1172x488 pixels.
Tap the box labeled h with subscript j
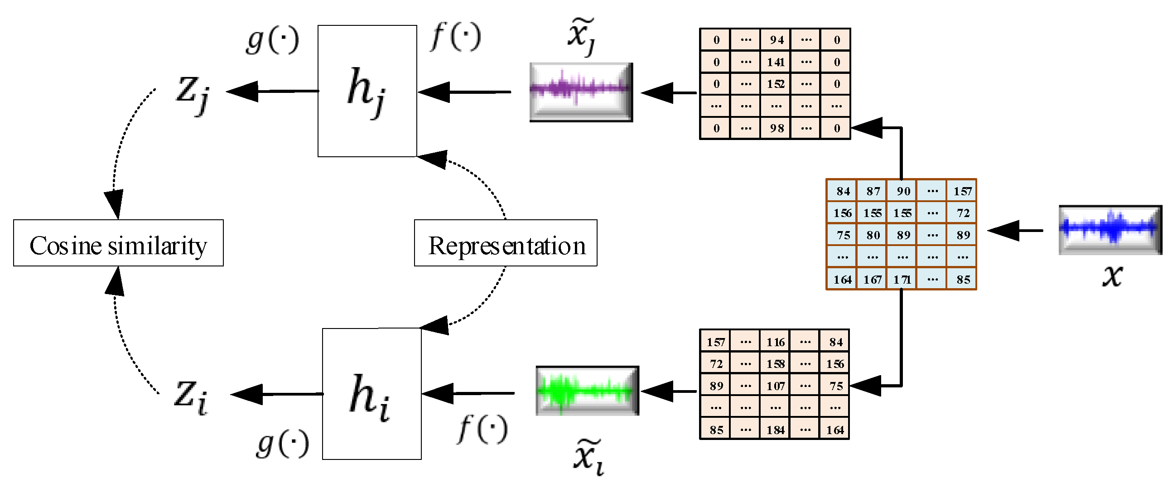click(367, 91)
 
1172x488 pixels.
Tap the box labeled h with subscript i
click(371, 394)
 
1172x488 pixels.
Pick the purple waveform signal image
click(581, 92)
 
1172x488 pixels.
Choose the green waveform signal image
click(587, 391)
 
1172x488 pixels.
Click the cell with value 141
click(776, 62)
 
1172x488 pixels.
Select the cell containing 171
click(902, 279)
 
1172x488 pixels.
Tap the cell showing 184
click(775, 429)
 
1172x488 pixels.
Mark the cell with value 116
click(775, 342)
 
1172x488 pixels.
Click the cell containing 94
click(776, 40)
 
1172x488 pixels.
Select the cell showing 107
click(775, 386)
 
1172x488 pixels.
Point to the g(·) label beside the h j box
click(272, 40)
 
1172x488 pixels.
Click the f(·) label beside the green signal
click(483, 429)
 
